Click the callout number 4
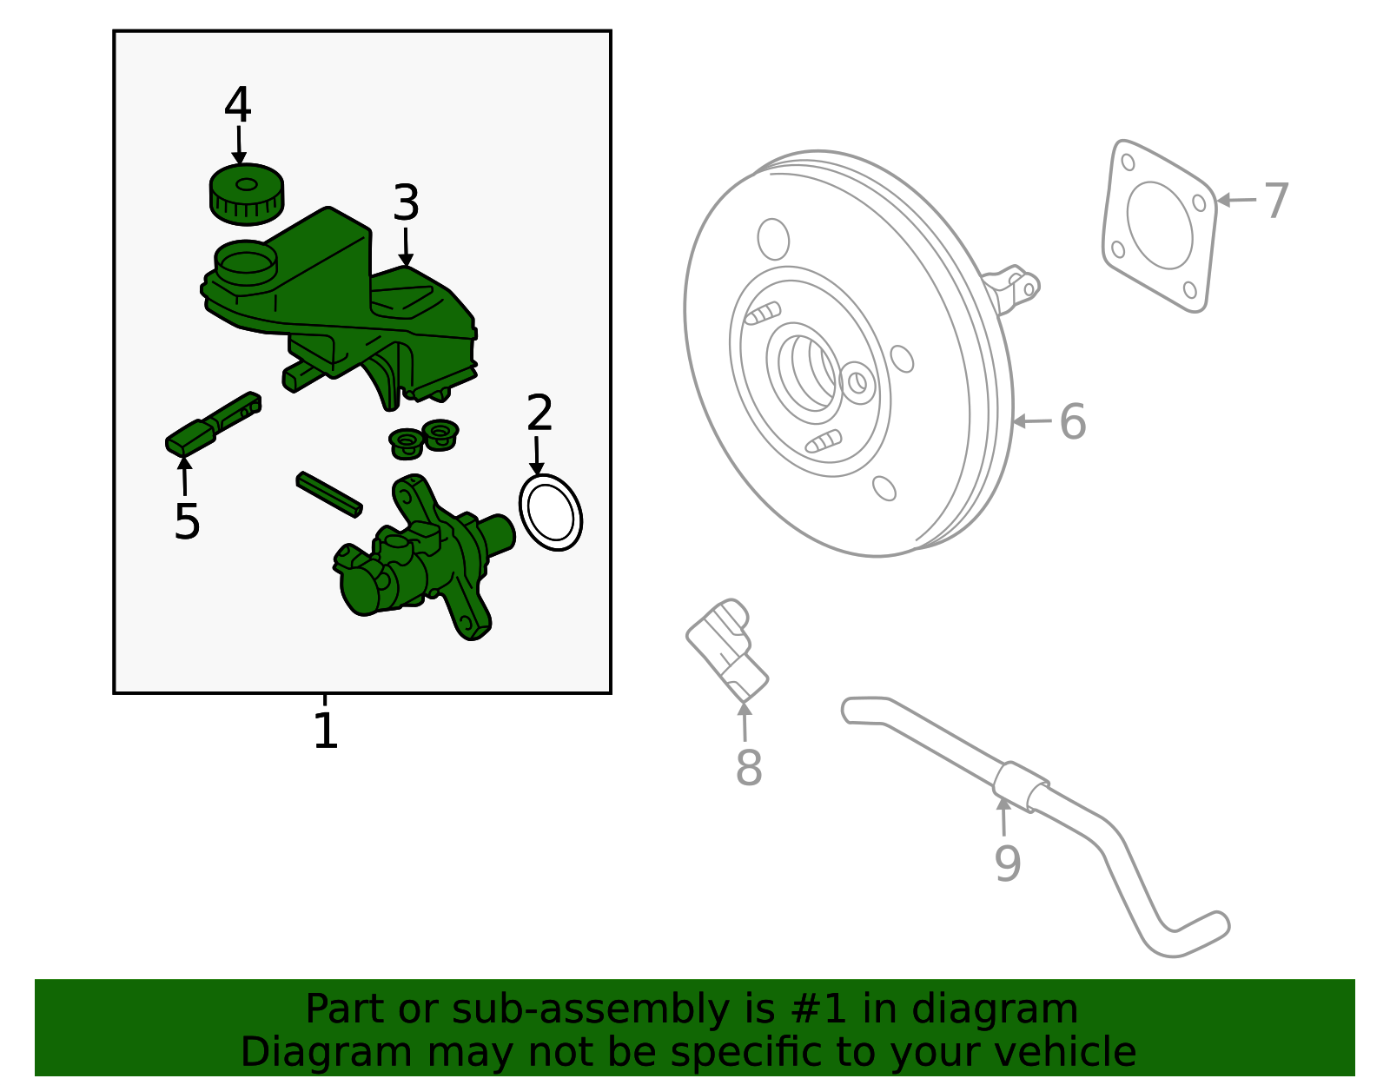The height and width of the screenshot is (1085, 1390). [x=237, y=105]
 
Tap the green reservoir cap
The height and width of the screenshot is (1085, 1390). [x=246, y=194]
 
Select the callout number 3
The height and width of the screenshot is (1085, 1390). [x=406, y=203]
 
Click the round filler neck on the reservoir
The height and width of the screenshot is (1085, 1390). [x=246, y=261]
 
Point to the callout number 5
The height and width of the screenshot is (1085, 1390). [x=187, y=522]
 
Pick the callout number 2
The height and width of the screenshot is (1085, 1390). [x=539, y=413]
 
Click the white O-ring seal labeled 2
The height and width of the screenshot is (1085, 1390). [x=550, y=513]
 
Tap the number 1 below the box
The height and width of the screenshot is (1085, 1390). [x=325, y=731]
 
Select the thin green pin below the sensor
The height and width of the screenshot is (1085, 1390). [x=329, y=493]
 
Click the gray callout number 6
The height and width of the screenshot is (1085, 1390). [x=1073, y=421]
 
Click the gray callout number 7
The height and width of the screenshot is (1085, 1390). [x=1276, y=201]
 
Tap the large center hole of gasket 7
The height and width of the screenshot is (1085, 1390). [x=1160, y=226]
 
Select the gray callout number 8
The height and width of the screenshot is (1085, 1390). [x=748, y=768]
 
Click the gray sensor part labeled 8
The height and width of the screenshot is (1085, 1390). [x=728, y=648]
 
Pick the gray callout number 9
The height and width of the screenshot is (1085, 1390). [x=1007, y=863]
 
